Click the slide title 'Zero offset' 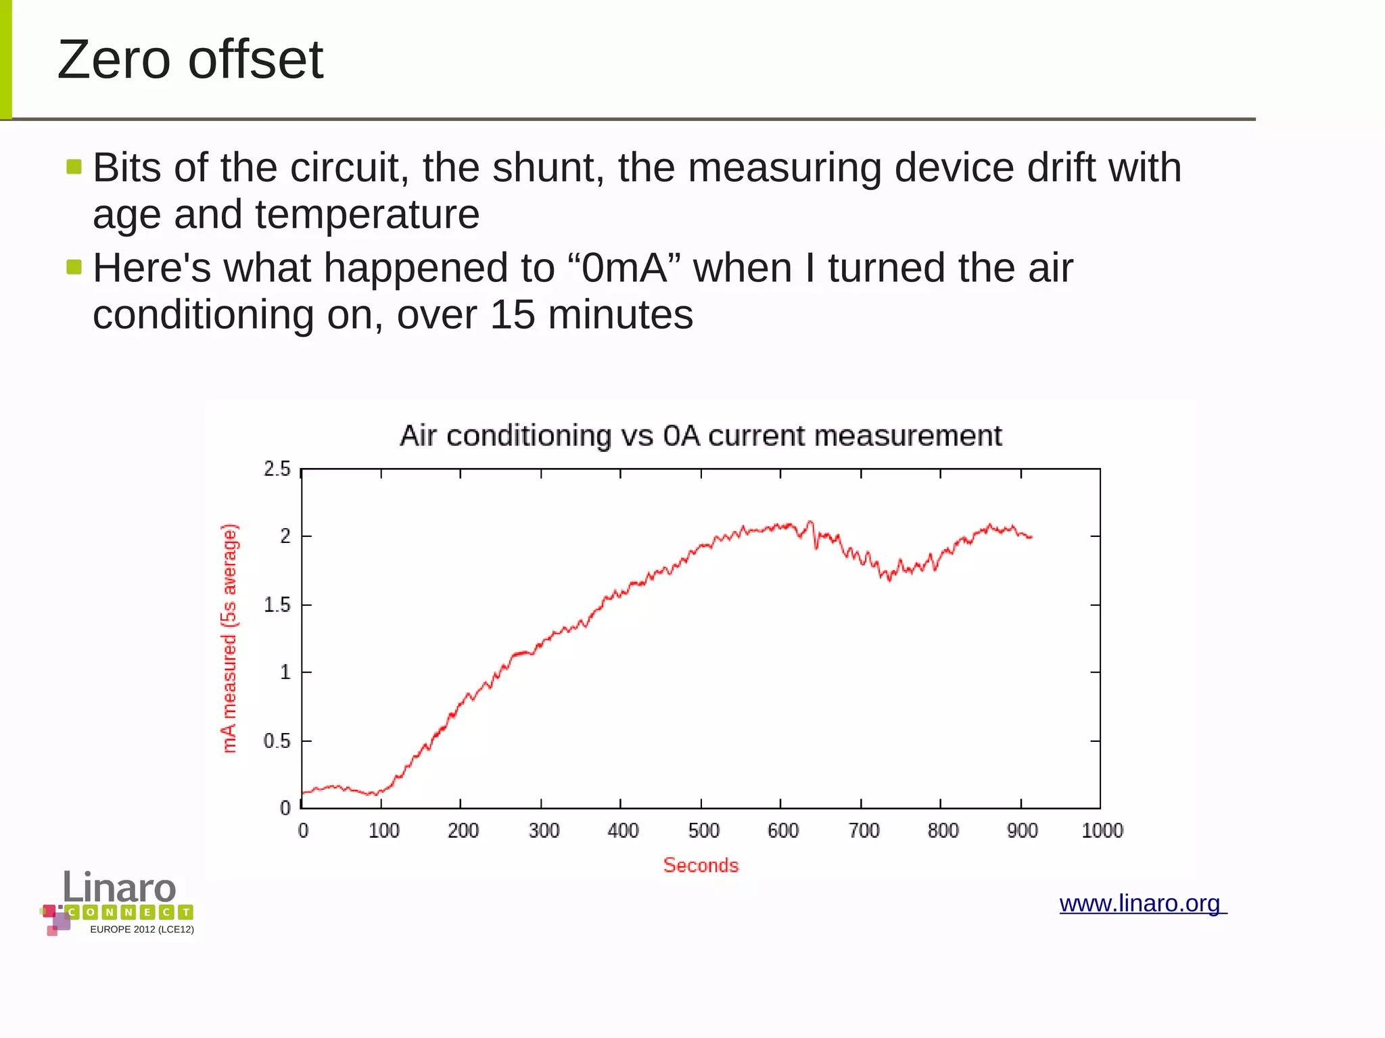point(190,60)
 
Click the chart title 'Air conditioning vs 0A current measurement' point(701,436)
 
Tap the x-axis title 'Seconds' point(701,865)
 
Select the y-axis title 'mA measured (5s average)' point(229,638)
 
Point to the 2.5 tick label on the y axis point(277,469)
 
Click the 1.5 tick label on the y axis point(277,605)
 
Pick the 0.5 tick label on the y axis point(277,741)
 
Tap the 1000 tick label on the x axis point(1102,830)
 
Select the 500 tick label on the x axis point(703,830)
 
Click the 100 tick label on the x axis point(383,830)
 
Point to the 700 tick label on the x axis point(864,830)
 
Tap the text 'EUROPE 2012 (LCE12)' point(142,929)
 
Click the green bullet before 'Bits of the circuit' point(74,166)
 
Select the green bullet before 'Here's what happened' point(74,267)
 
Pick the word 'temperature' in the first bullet point(367,215)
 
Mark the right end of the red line point(1031,537)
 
